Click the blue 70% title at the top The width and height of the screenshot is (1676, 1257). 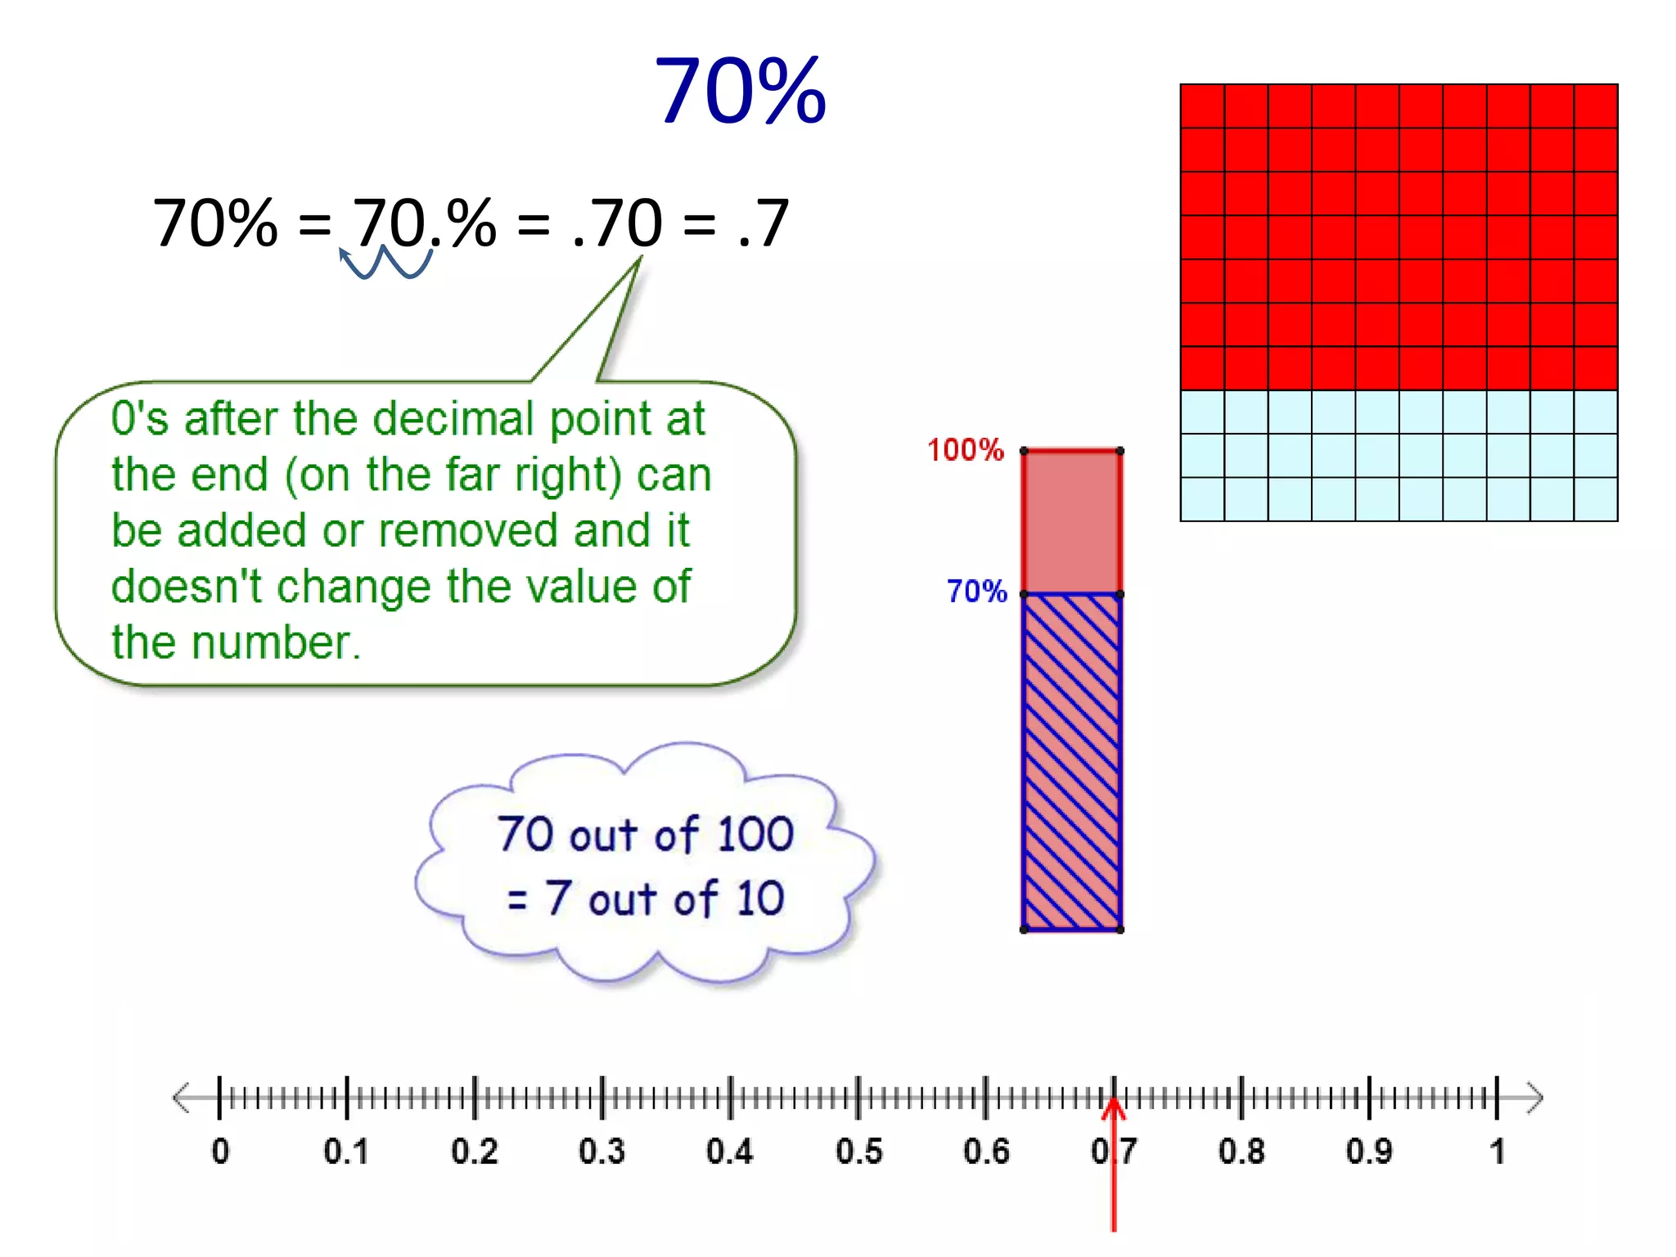(x=740, y=90)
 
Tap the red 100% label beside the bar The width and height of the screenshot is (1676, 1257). (x=965, y=450)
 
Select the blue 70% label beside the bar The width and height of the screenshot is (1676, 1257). (x=976, y=591)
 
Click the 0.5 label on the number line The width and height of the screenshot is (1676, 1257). (x=858, y=1151)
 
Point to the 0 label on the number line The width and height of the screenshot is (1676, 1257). (x=220, y=1151)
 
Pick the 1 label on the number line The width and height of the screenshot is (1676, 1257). (x=1497, y=1151)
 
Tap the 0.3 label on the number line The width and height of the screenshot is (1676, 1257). (x=601, y=1151)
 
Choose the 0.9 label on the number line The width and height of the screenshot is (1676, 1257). (x=1369, y=1151)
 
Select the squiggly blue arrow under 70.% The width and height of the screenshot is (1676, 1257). (x=385, y=263)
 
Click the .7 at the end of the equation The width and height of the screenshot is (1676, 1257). (x=763, y=223)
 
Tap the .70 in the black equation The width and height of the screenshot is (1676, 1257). (x=618, y=223)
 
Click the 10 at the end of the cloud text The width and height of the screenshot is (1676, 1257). (x=760, y=899)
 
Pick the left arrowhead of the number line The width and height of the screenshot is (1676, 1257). (x=182, y=1097)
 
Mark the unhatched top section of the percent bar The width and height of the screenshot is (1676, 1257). (x=1071, y=522)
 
